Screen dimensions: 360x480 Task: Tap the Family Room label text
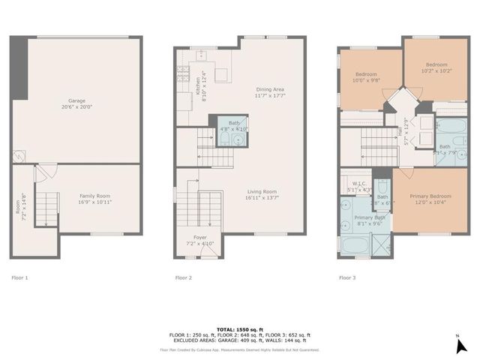coord(95,199)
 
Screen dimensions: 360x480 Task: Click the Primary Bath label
coord(365,220)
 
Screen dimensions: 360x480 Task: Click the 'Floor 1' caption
coord(20,277)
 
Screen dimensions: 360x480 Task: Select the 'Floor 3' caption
coord(347,277)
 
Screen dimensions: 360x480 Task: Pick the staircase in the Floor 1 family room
coord(47,205)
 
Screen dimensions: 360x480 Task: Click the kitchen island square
coord(221,74)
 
